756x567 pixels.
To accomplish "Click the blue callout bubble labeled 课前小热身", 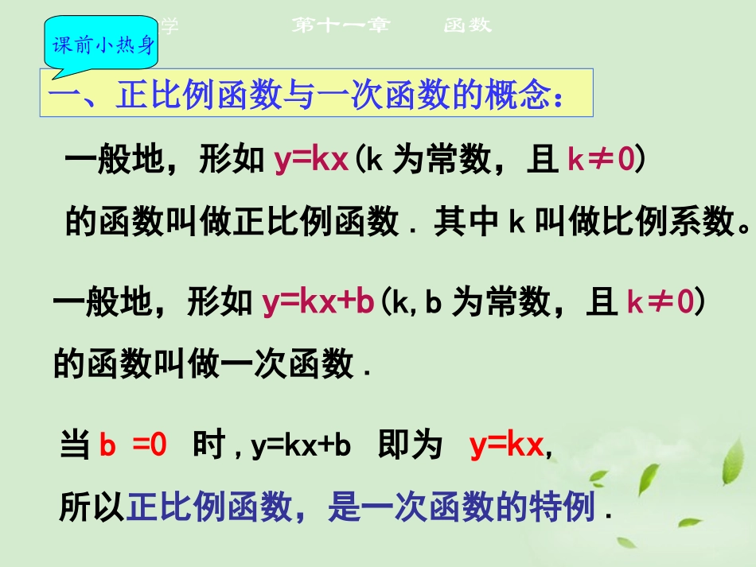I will coord(103,45).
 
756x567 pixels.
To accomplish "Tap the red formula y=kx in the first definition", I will coord(311,161).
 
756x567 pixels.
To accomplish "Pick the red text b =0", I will coord(133,445).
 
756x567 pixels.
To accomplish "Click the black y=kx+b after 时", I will coord(301,446).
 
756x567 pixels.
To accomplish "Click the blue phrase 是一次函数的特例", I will coord(462,507).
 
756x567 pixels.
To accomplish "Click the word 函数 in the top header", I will coord(467,25).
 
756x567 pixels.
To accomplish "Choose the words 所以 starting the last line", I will coord(92,507).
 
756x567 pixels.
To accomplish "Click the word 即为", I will coord(411,445).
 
